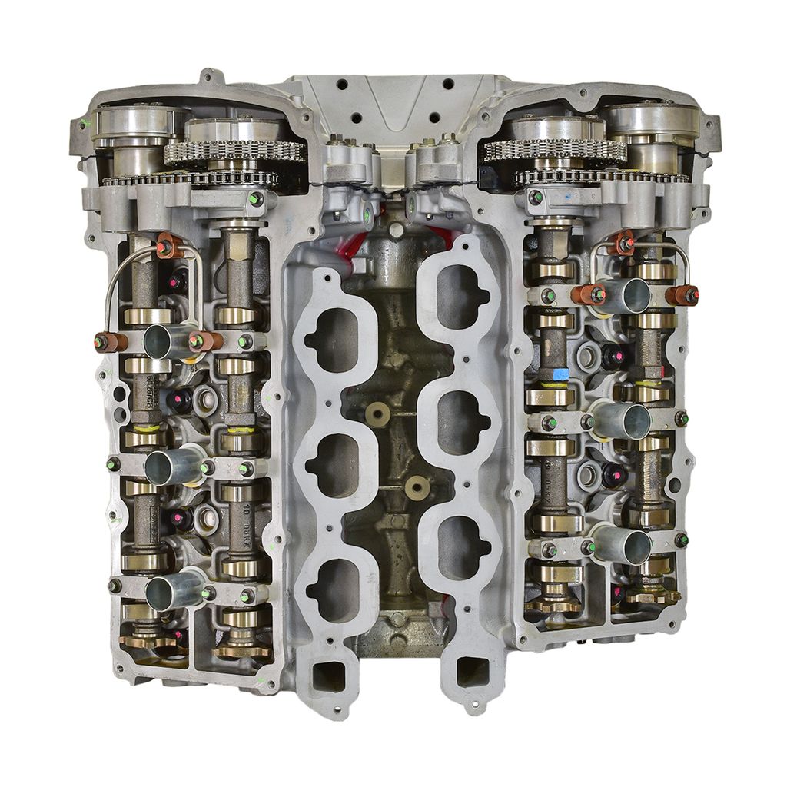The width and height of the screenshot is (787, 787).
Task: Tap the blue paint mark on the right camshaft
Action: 560,374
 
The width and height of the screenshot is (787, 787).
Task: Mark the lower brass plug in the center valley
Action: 416,486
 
